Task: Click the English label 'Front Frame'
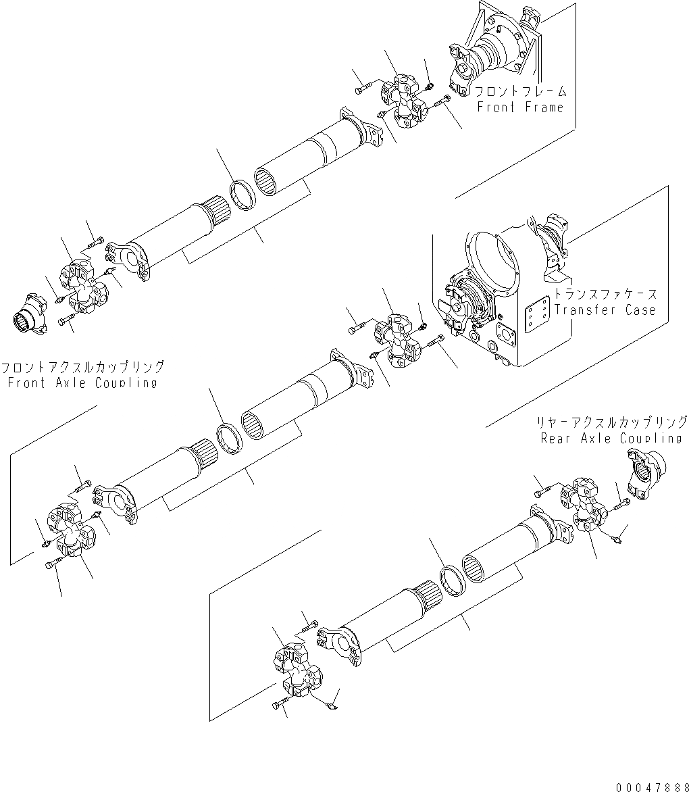519,107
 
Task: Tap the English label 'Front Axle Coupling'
82,382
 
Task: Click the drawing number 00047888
650,787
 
